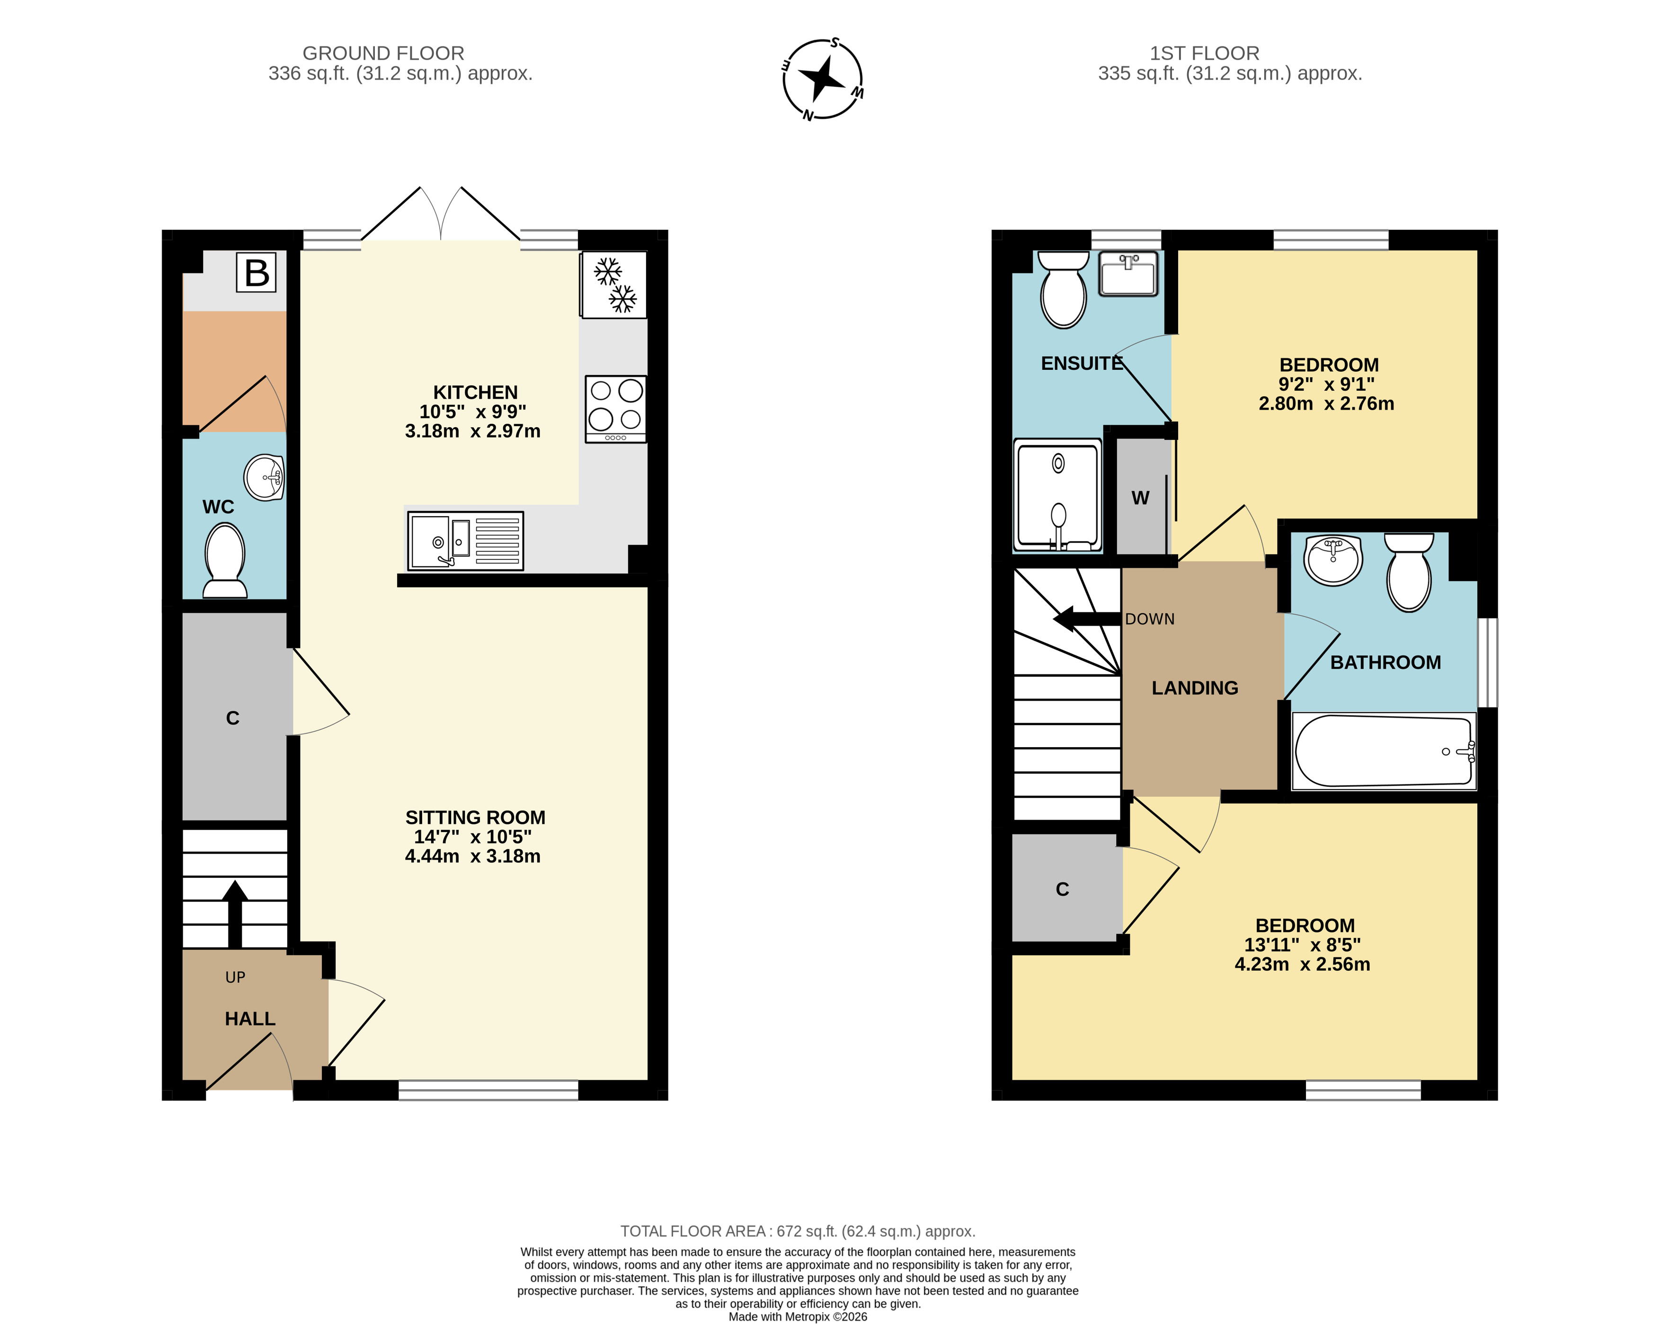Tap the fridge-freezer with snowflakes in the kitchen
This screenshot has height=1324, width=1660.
pyautogui.click(x=613, y=284)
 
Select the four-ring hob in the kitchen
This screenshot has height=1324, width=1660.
pyautogui.click(x=615, y=409)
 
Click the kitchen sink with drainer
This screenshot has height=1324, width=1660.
pyautogui.click(x=466, y=541)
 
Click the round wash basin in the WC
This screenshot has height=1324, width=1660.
pyautogui.click(x=264, y=477)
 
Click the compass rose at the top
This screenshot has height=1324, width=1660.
pyautogui.click(x=822, y=79)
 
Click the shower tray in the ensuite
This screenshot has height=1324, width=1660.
pyautogui.click(x=1058, y=495)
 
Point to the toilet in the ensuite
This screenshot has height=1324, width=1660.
pyautogui.click(x=1063, y=290)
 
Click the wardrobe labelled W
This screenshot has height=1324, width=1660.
pyautogui.click(x=1142, y=497)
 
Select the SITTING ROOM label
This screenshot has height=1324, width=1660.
pyautogui.click(x=475, y=817)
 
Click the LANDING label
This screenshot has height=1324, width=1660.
pyautogui.click(x=1195, y=688)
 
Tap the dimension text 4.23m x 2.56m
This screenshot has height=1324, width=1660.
pyautogui.click(x=1302, y=964)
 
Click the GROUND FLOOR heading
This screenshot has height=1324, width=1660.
pyautogui.click(x=383, y=53)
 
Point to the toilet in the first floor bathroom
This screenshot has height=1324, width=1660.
pyautogui.click(x=1409, y=573)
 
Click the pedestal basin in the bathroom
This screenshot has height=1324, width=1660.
pyautogui.click(x=1333, y=561)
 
